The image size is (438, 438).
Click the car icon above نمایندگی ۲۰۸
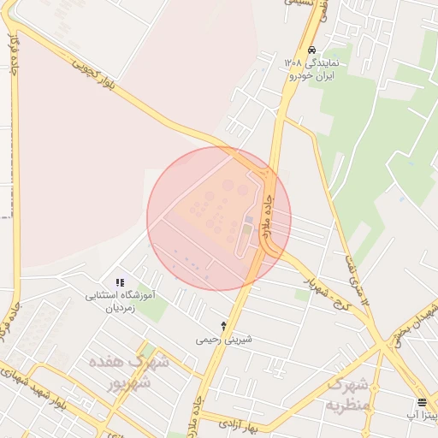(313, 50)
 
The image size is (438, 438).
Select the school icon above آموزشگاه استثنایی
(120, 282)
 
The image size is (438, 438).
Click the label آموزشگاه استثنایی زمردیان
(121, 301)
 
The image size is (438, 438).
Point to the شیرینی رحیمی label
(224, 340)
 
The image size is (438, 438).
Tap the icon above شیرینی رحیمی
(224, 326)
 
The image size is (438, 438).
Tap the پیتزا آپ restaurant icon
(422, 402)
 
